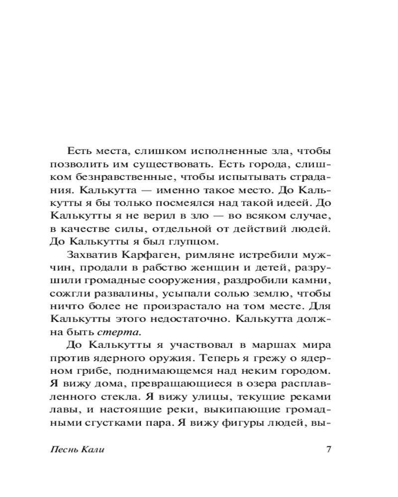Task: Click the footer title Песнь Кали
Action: click(78, 450)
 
